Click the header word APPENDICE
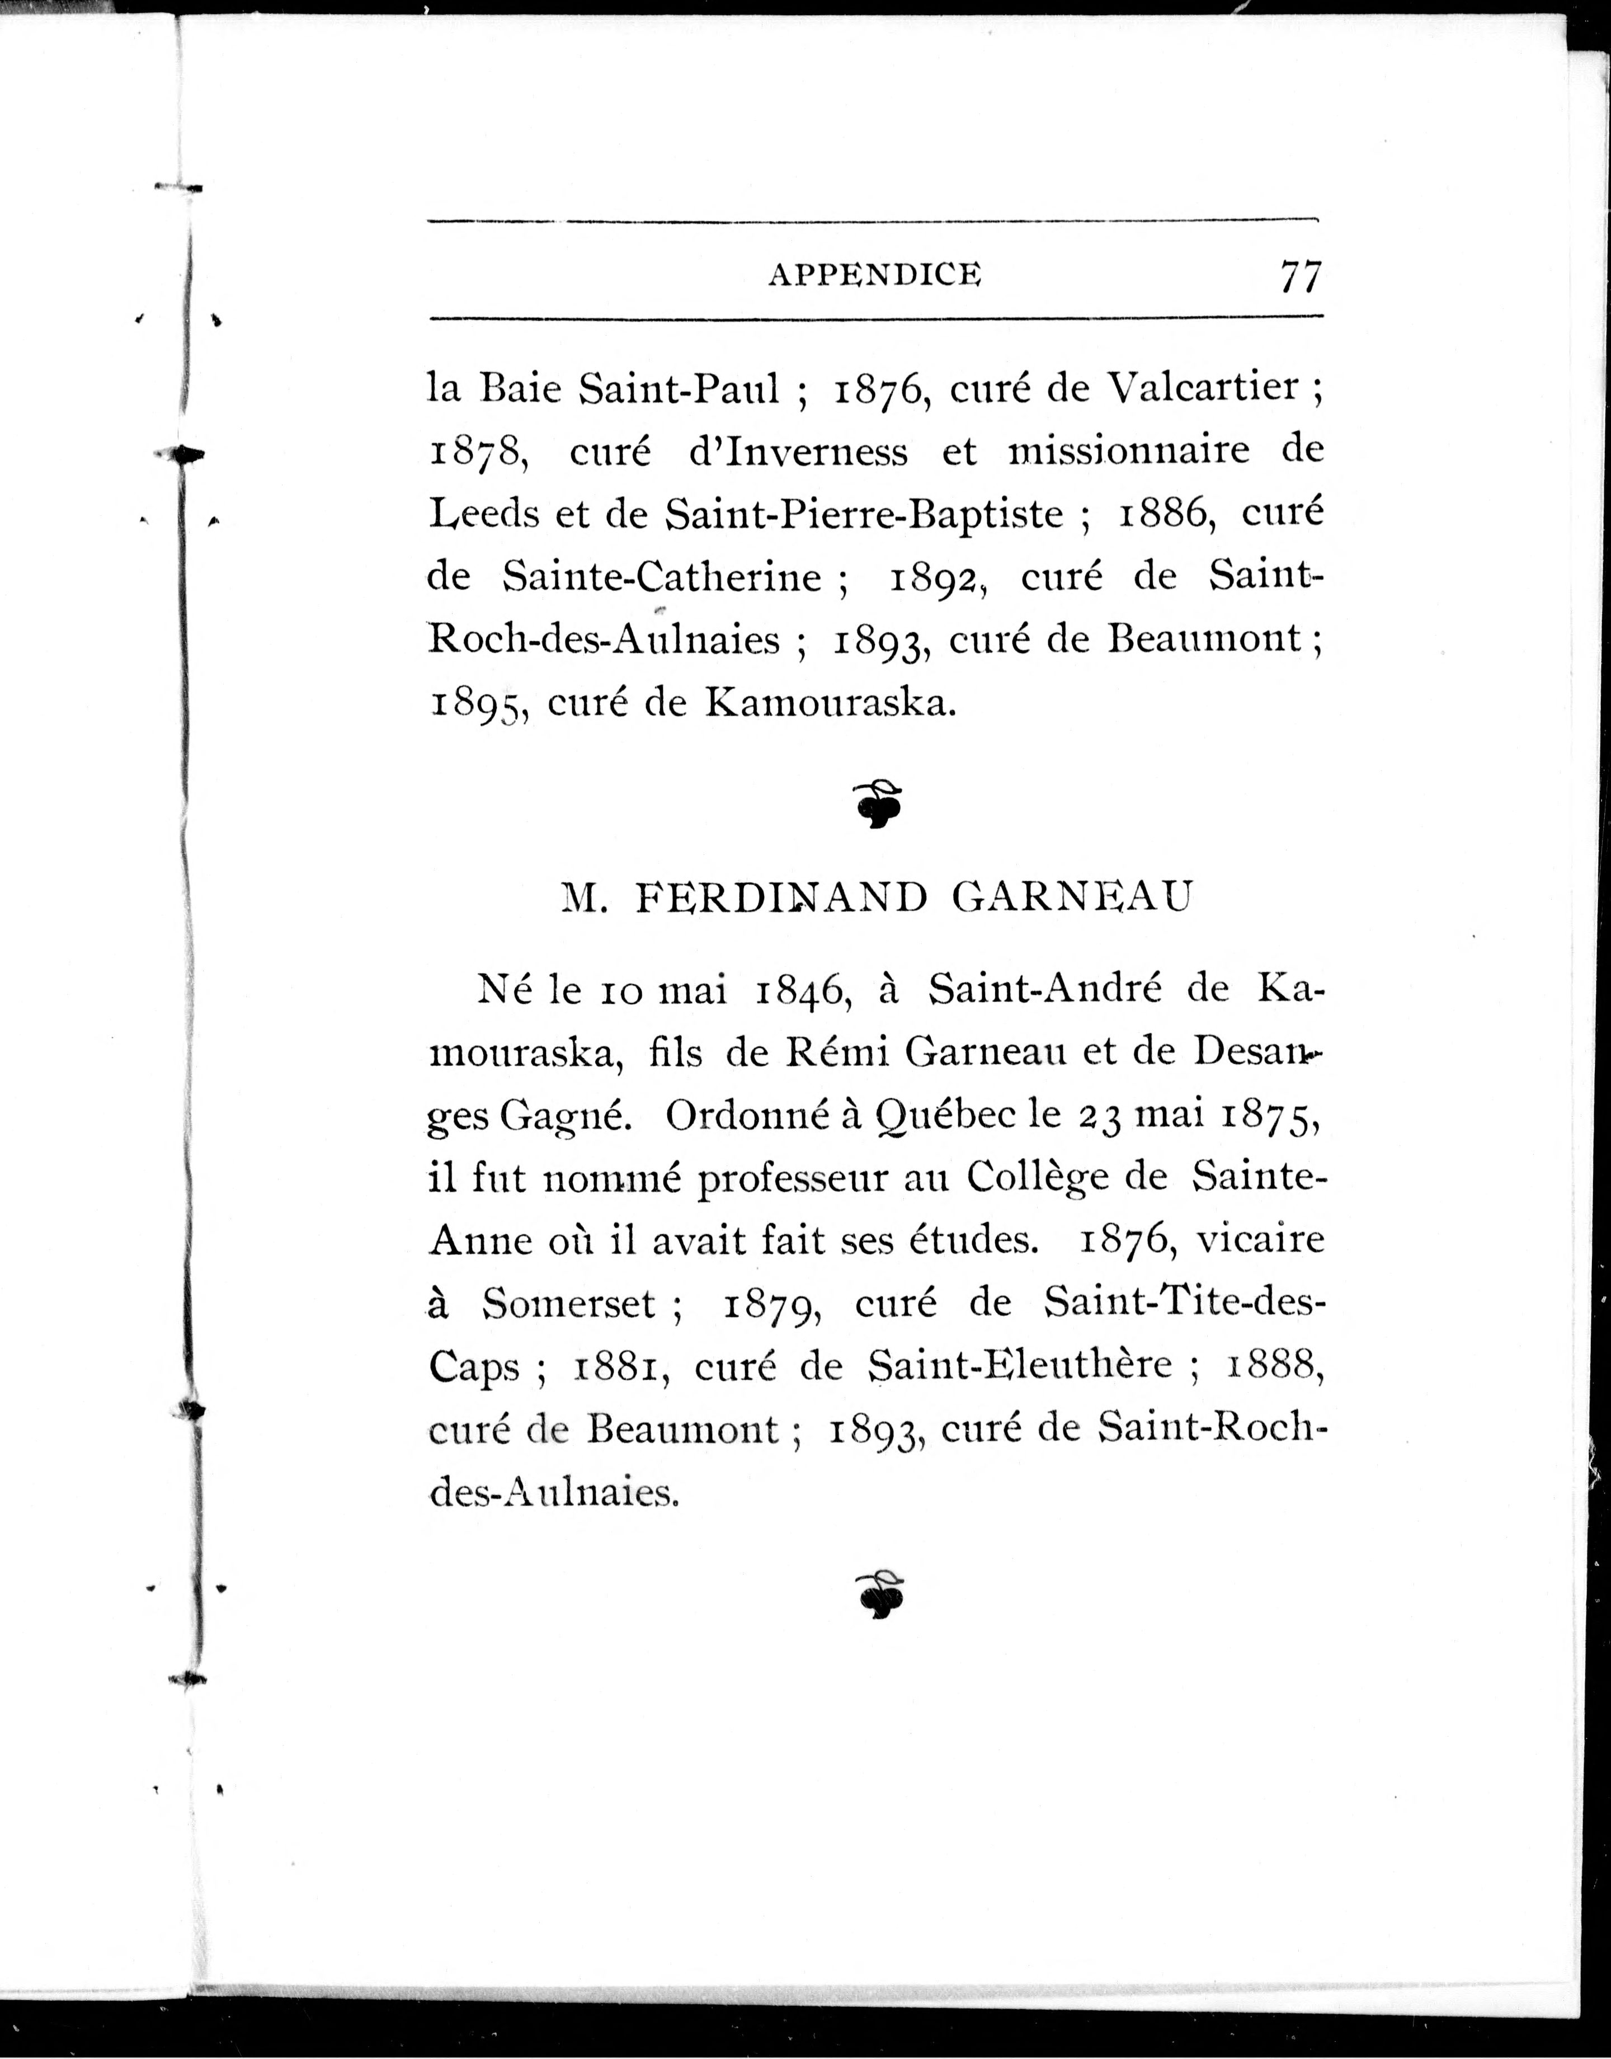point(874,275)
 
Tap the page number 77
point(1301,276)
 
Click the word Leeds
point(482,514)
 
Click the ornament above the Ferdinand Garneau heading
point(880,803)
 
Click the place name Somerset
point(569,1304)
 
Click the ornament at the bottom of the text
point(880,1593)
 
